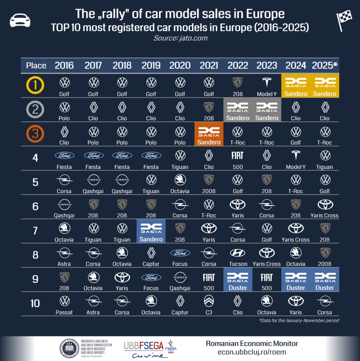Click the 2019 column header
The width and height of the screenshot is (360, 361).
[151, 65]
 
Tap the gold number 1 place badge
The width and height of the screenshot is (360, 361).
[36, 86]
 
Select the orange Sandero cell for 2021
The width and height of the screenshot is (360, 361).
[209, 134]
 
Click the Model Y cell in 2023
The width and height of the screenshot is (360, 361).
[267, 86]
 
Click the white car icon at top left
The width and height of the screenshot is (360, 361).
[20, 20]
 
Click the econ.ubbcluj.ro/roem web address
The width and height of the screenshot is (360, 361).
[252, 352]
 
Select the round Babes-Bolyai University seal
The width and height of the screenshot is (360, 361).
[69, 348]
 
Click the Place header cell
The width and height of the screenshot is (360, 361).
[36, 65]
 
